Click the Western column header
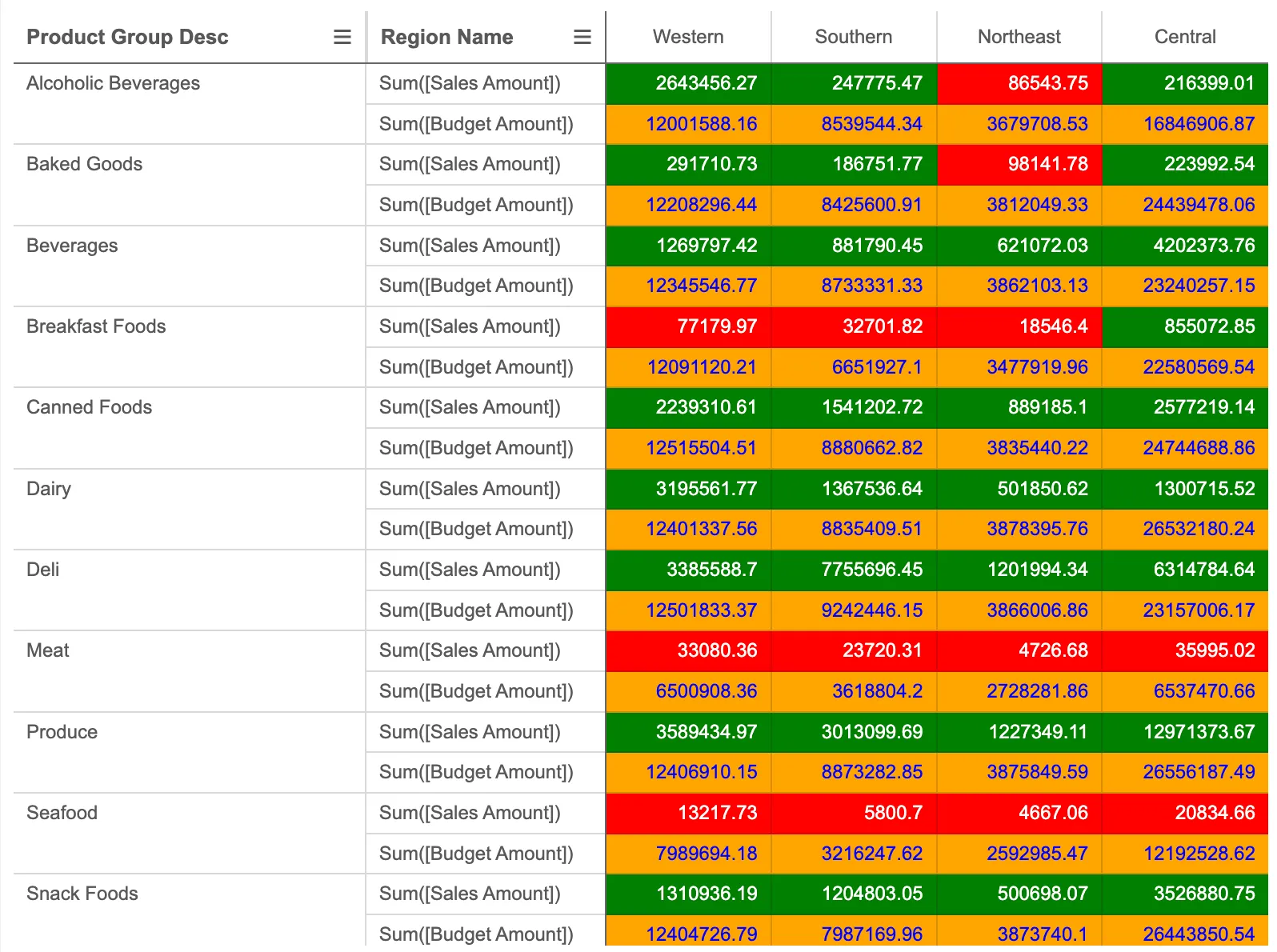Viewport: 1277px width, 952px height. pos(688,37)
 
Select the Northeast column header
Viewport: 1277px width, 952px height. pos(1019,37)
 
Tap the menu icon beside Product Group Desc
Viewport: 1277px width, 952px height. pos(342,37)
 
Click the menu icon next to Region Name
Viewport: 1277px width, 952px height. pos(582,37)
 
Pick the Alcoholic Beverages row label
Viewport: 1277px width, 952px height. pos(113,83)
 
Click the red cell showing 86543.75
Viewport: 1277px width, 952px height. pos(1019,83)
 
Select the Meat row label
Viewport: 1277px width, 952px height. pos(48,650)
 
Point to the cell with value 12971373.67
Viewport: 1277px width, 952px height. pos(1185,732)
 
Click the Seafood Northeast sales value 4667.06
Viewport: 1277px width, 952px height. pos(1019,813)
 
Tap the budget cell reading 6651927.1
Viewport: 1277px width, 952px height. pos(854,367)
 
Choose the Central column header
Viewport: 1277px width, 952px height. pos(1185,37)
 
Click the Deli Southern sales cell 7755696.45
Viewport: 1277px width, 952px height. pos(854,570)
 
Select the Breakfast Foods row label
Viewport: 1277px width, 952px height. pos(96,326)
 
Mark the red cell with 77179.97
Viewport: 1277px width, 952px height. pos(688,326)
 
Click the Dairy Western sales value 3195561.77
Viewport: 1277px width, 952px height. pos(688,489)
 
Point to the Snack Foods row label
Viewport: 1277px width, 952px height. pos(82,894)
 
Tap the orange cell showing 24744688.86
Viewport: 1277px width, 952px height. pos(1185,448)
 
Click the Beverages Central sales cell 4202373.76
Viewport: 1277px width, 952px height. pos(1185,246)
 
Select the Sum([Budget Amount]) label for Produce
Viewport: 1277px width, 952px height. pos(476,772)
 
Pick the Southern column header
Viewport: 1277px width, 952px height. pos(854,37)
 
